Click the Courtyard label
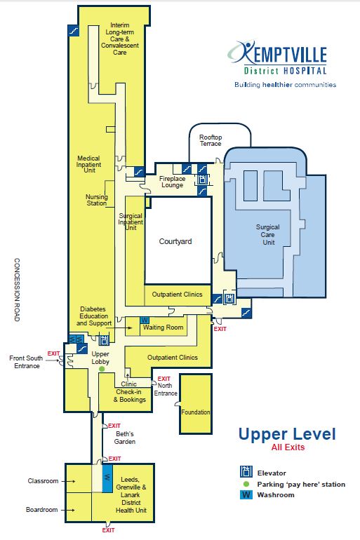tap(175, 241)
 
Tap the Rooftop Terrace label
tap(211, 140)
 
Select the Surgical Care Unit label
tap(267, 234)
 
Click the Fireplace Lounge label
tap(172, 182)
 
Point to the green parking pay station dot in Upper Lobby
tap(102, 369)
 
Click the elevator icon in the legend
tap(246, 471)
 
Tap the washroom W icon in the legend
tap(246, 495)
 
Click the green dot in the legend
tap(246, 484)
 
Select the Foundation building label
tap(195, 412)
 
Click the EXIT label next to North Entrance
tap(164, 379)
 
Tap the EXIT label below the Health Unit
tap(108, 530)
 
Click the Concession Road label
tap(17, 290)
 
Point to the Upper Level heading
tap(287, 434)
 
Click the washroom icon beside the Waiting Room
tap(145, 320)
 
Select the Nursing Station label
tap(96, 200)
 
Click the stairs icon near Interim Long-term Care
tap(73, 31)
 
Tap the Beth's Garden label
tap(125, 438)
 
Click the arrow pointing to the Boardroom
tap(68, 510)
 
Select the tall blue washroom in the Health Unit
tap(107, 478)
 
